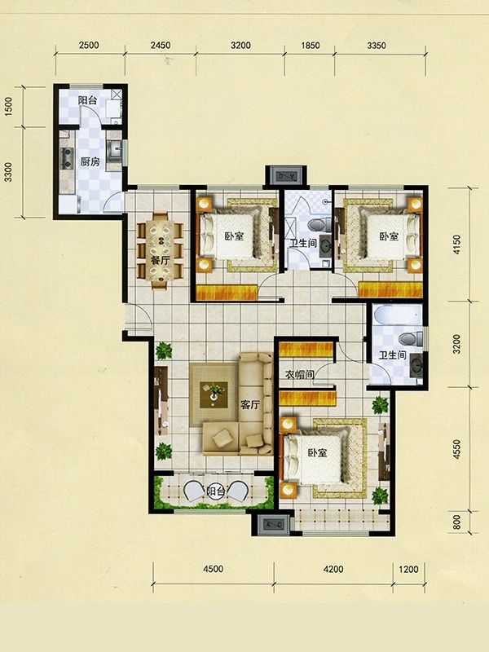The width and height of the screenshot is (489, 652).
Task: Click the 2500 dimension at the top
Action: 89,45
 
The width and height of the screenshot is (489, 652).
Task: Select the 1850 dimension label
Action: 310,46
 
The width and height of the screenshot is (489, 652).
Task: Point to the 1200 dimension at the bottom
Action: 408,568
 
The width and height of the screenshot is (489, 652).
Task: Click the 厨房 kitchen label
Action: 90,161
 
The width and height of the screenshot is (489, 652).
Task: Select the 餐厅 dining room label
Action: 160,261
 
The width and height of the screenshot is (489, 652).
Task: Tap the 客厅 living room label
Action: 250,404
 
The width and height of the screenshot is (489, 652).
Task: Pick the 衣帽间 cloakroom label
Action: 299,374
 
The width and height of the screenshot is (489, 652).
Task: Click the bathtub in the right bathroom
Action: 398,315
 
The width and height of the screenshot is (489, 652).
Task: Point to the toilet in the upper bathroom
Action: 319,226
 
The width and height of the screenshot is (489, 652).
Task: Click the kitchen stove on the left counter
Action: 67,158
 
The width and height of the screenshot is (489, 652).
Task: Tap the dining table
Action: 160,250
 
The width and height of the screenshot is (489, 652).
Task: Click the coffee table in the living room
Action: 214,394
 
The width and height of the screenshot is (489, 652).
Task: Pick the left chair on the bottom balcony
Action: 193,491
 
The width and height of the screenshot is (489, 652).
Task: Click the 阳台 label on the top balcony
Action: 88,100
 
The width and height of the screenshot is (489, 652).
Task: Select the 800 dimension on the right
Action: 457,522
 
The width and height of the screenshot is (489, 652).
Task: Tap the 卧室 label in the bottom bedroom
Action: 318,453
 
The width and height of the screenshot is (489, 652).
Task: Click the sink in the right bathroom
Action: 416,364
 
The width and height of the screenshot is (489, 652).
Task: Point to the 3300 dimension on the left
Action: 8,172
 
